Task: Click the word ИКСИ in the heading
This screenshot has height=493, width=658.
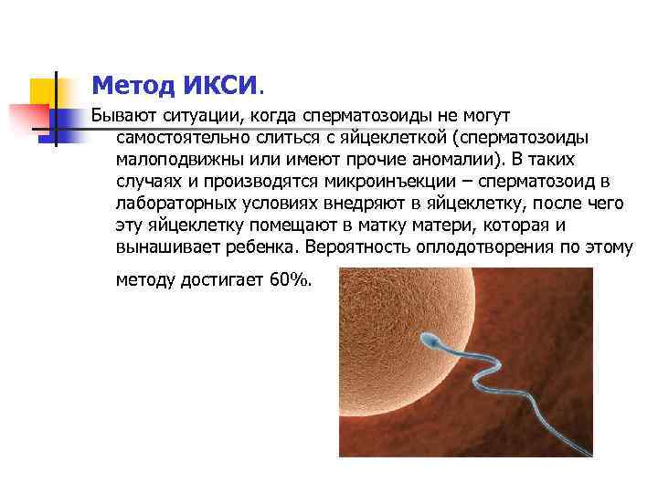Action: [x=222, y=87]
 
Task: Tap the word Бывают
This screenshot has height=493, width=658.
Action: [x=122, y=117]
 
